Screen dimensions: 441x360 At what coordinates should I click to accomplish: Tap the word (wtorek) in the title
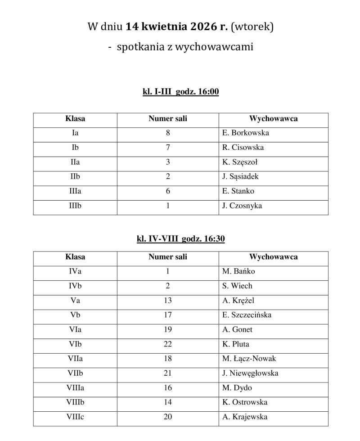coord(252,27)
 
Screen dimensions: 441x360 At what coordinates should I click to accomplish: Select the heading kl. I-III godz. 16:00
coord(180,92)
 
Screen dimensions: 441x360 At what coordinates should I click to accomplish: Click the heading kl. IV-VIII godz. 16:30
coord(180,239)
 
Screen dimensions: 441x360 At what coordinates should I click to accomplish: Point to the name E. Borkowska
coord(246,133)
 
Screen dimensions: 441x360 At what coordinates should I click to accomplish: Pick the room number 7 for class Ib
coord(168,148)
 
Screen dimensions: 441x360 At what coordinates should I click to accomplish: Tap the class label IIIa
coord(75,191)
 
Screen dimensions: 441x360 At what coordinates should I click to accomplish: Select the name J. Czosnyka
coord(242,206)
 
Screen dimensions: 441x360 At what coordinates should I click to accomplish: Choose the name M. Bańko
coord(238,271)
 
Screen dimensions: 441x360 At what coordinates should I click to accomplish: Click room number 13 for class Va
coord(168,301)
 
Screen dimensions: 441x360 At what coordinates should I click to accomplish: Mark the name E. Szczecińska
coord(247,315)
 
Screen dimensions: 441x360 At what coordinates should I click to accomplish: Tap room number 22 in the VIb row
coord(168,344)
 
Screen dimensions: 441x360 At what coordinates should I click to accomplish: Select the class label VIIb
coord(75,373)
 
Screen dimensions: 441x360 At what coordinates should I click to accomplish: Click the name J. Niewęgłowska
coord(250,373)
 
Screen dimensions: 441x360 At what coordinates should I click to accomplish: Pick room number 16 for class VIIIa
coord(168,388)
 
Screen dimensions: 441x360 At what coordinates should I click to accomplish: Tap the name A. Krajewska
coord(245,417)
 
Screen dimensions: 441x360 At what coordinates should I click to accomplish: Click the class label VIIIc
coord(75,417)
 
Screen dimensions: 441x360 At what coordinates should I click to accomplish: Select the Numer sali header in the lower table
coord(168,257)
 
